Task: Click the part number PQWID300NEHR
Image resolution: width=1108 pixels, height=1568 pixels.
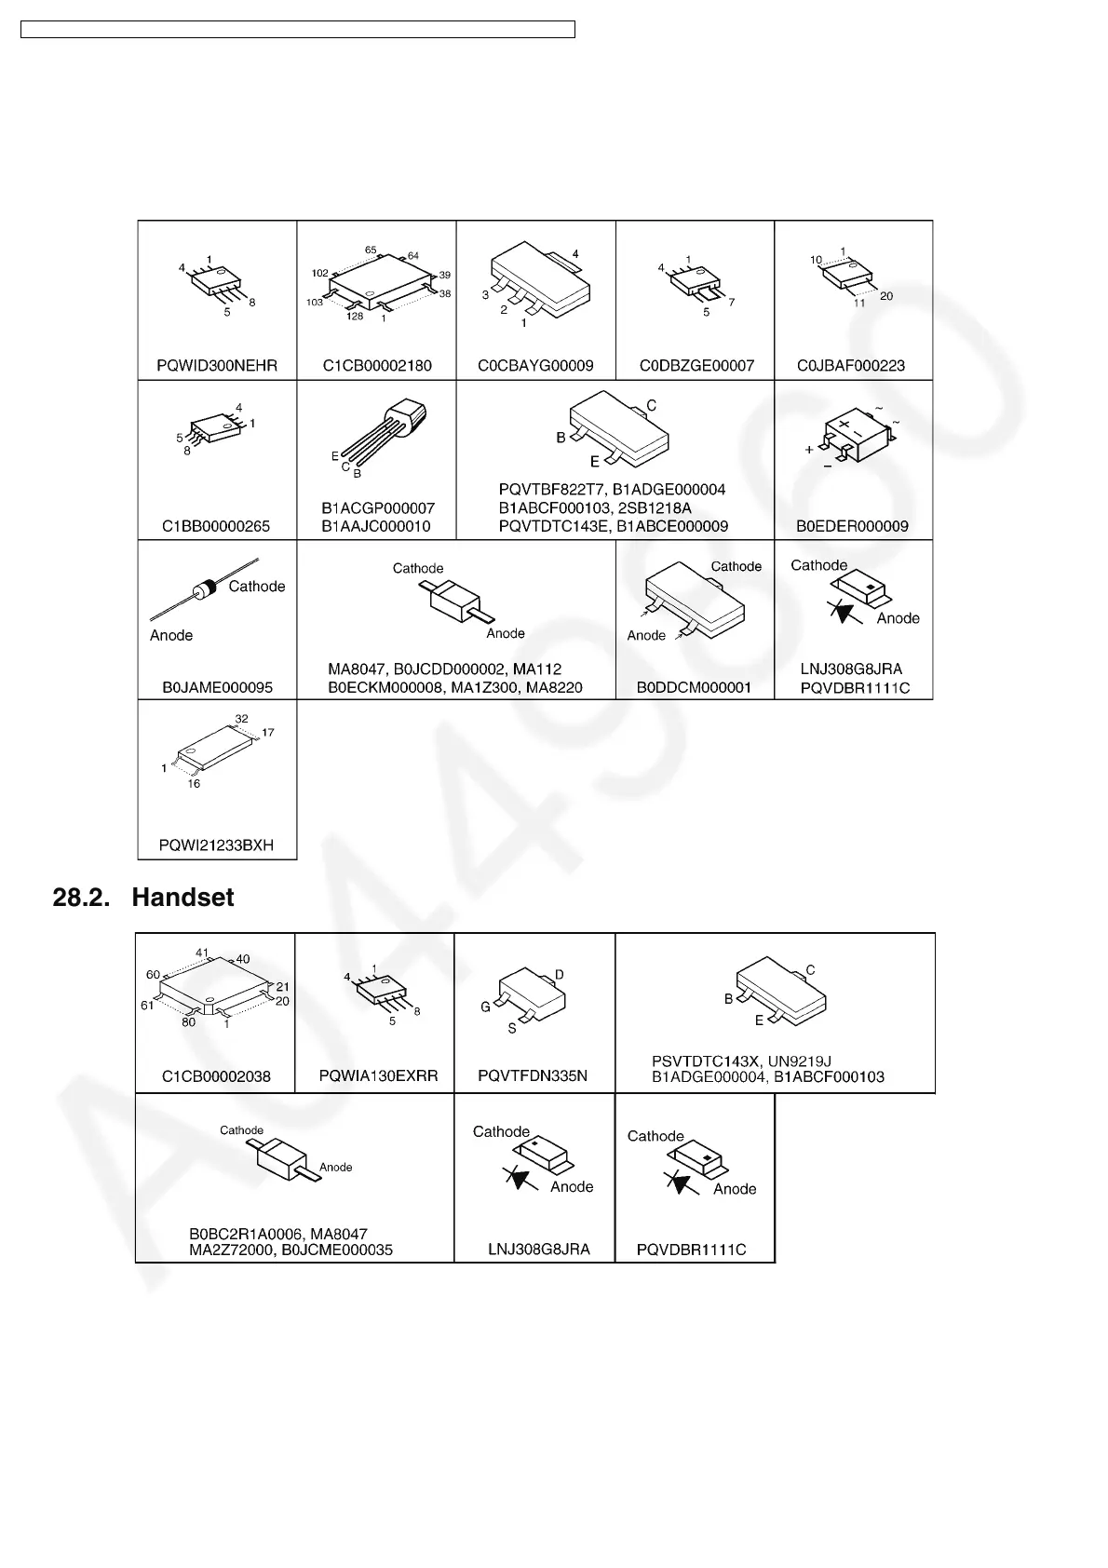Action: tap(217, 366)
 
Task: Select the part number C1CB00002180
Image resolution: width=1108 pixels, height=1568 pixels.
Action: tap(377, 366)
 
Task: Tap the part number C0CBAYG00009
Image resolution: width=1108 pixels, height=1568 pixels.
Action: tap(535, 366)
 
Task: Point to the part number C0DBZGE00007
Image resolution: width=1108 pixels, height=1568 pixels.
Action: tap(696, 366)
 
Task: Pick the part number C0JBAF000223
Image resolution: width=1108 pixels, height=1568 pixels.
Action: tap(851, 366)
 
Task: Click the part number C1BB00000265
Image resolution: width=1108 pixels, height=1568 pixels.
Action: tap(216, 526)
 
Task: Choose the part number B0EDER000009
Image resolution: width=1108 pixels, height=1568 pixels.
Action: tap(852, 526)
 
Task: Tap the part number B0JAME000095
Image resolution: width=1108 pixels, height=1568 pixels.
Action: tap(218, 687)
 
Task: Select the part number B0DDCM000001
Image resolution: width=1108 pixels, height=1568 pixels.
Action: tap(694, 687)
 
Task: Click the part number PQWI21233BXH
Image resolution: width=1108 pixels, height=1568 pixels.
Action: tap(216, 846)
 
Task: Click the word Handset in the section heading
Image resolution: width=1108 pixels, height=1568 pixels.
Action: tap(182, 898)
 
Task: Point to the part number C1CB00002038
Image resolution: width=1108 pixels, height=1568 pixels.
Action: tap(216, 1076)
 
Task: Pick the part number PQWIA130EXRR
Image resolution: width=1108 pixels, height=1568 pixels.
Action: tap(378, 1075)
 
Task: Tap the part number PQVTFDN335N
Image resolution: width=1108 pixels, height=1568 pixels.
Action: tap(533, 1075)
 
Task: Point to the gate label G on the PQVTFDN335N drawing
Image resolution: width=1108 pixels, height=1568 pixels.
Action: tap(485, 1007)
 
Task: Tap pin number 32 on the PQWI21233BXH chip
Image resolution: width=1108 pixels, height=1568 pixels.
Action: tap(241, 718)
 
